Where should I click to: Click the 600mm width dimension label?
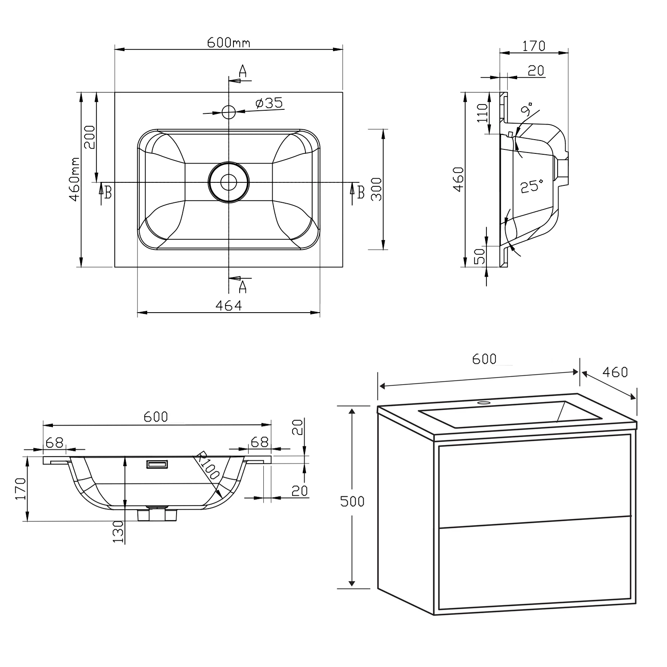coord(229,42)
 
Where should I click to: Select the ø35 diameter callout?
coord(269,103)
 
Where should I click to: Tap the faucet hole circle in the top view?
coord(229,112)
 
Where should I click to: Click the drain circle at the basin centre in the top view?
coord(229,182)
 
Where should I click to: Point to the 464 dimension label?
coord(229,305)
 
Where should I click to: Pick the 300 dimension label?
coord(376,189)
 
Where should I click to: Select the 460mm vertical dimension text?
coord(74,179)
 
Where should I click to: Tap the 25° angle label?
coord(532,186)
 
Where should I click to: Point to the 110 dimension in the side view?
coord(482,113)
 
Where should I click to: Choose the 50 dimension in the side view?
coord(479,257)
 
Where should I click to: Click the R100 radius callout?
coord(208,465)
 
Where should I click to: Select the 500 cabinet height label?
coord(352,501)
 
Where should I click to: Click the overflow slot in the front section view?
coord(157,464)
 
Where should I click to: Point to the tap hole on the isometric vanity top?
coord(482,403)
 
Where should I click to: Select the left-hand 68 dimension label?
coord(54,442)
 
